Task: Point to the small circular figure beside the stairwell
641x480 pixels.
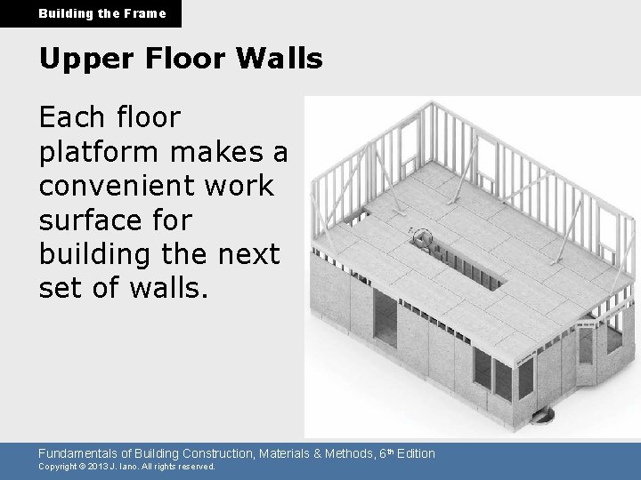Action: (423, 238)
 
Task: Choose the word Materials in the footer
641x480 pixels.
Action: (279, 454)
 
